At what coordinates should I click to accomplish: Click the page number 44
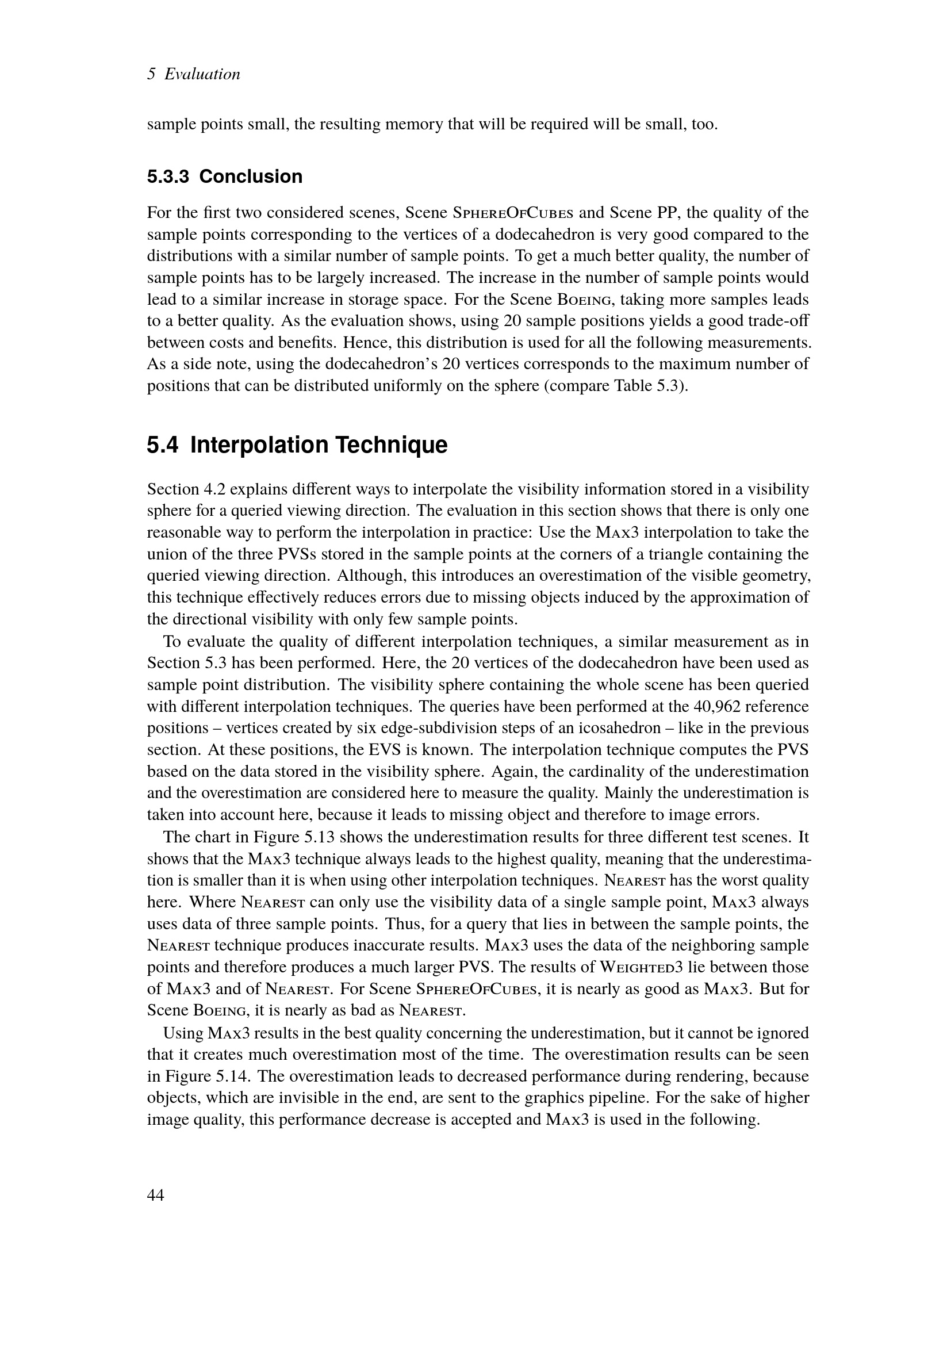coord(155,1195)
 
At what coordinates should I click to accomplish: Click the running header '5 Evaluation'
coord(194,74)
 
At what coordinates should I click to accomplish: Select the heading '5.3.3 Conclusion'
coord(225,177)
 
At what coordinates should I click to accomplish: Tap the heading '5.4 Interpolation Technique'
coord(297,445)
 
